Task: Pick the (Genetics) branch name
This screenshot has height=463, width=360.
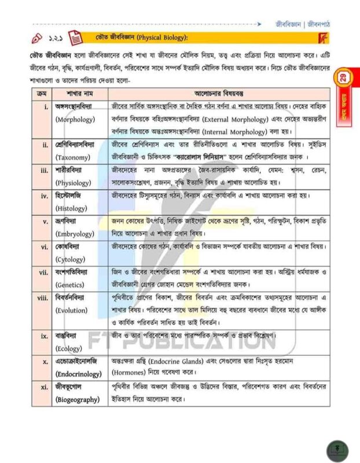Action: coord(72,285)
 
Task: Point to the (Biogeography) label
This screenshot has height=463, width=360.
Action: coord(78,399)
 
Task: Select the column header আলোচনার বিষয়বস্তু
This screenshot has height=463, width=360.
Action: coord(219,93)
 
